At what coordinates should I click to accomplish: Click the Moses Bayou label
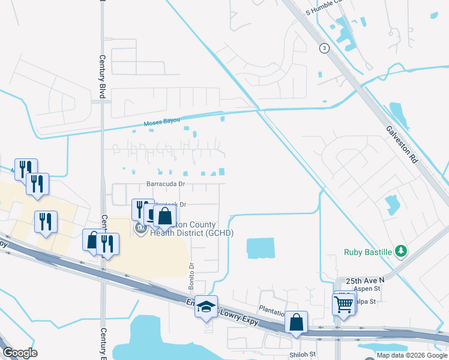click(x=162, y=123)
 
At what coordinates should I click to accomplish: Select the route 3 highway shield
click(x=324, y=49)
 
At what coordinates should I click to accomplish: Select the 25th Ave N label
click(x=364, y=280)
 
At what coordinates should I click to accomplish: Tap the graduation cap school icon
click(x=206, y=307)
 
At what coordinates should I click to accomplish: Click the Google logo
click(x=20, y=353)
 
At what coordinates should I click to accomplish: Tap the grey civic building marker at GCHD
click(x=141, y=229)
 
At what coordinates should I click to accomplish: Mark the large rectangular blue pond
click(x=260, y=248)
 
